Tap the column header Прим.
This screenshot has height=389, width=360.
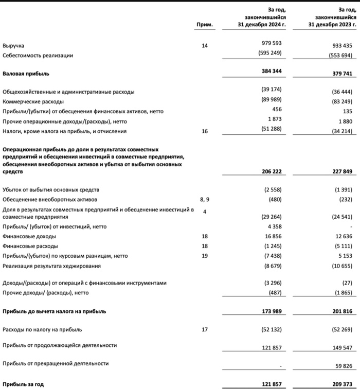[x=205, y=25]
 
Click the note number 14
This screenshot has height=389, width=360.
[x=205, y=46]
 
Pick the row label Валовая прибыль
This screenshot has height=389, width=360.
[x=26, y=74]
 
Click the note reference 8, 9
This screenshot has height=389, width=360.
[x=204, y=199]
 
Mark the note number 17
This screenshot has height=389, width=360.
[x=205, y=329]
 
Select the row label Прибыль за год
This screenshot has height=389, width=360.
[x=23, y=384]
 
